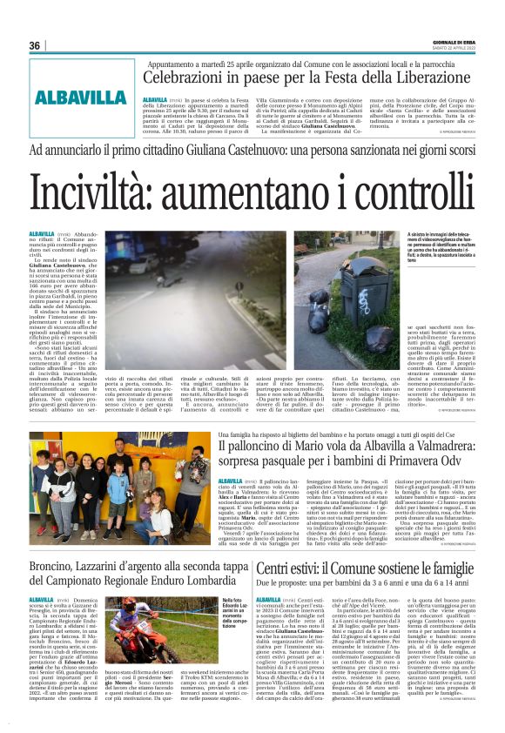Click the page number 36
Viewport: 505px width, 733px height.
35,45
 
